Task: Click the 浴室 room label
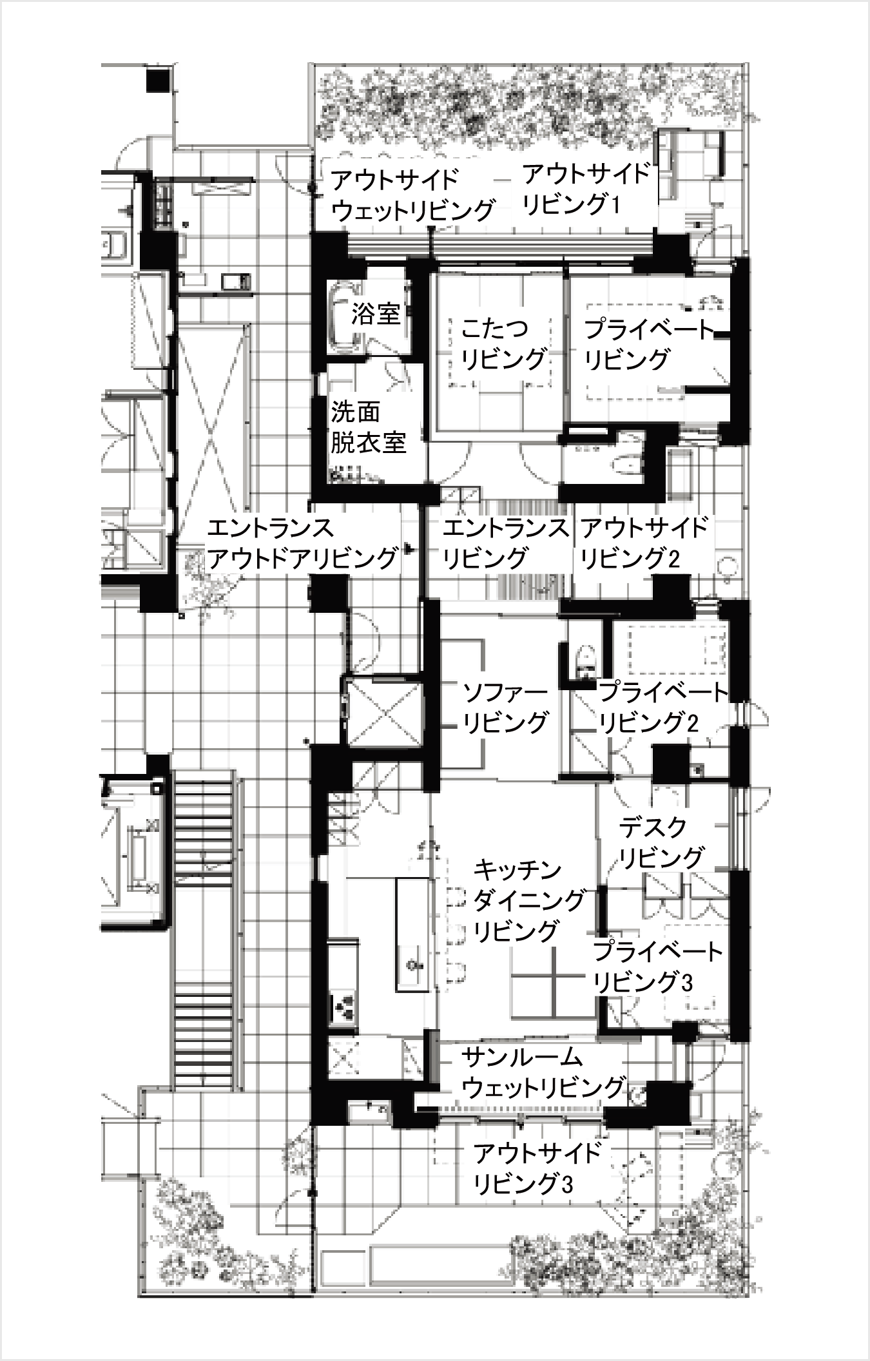coord(376,314)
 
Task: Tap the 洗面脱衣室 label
coord(368,427)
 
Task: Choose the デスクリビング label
coord(661,842)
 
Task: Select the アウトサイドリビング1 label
coord(586,189)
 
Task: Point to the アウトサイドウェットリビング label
coord(413,195)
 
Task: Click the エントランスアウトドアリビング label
coord(302,543)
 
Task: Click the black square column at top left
coord(157,81)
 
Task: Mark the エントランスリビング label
coord(506,543)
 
